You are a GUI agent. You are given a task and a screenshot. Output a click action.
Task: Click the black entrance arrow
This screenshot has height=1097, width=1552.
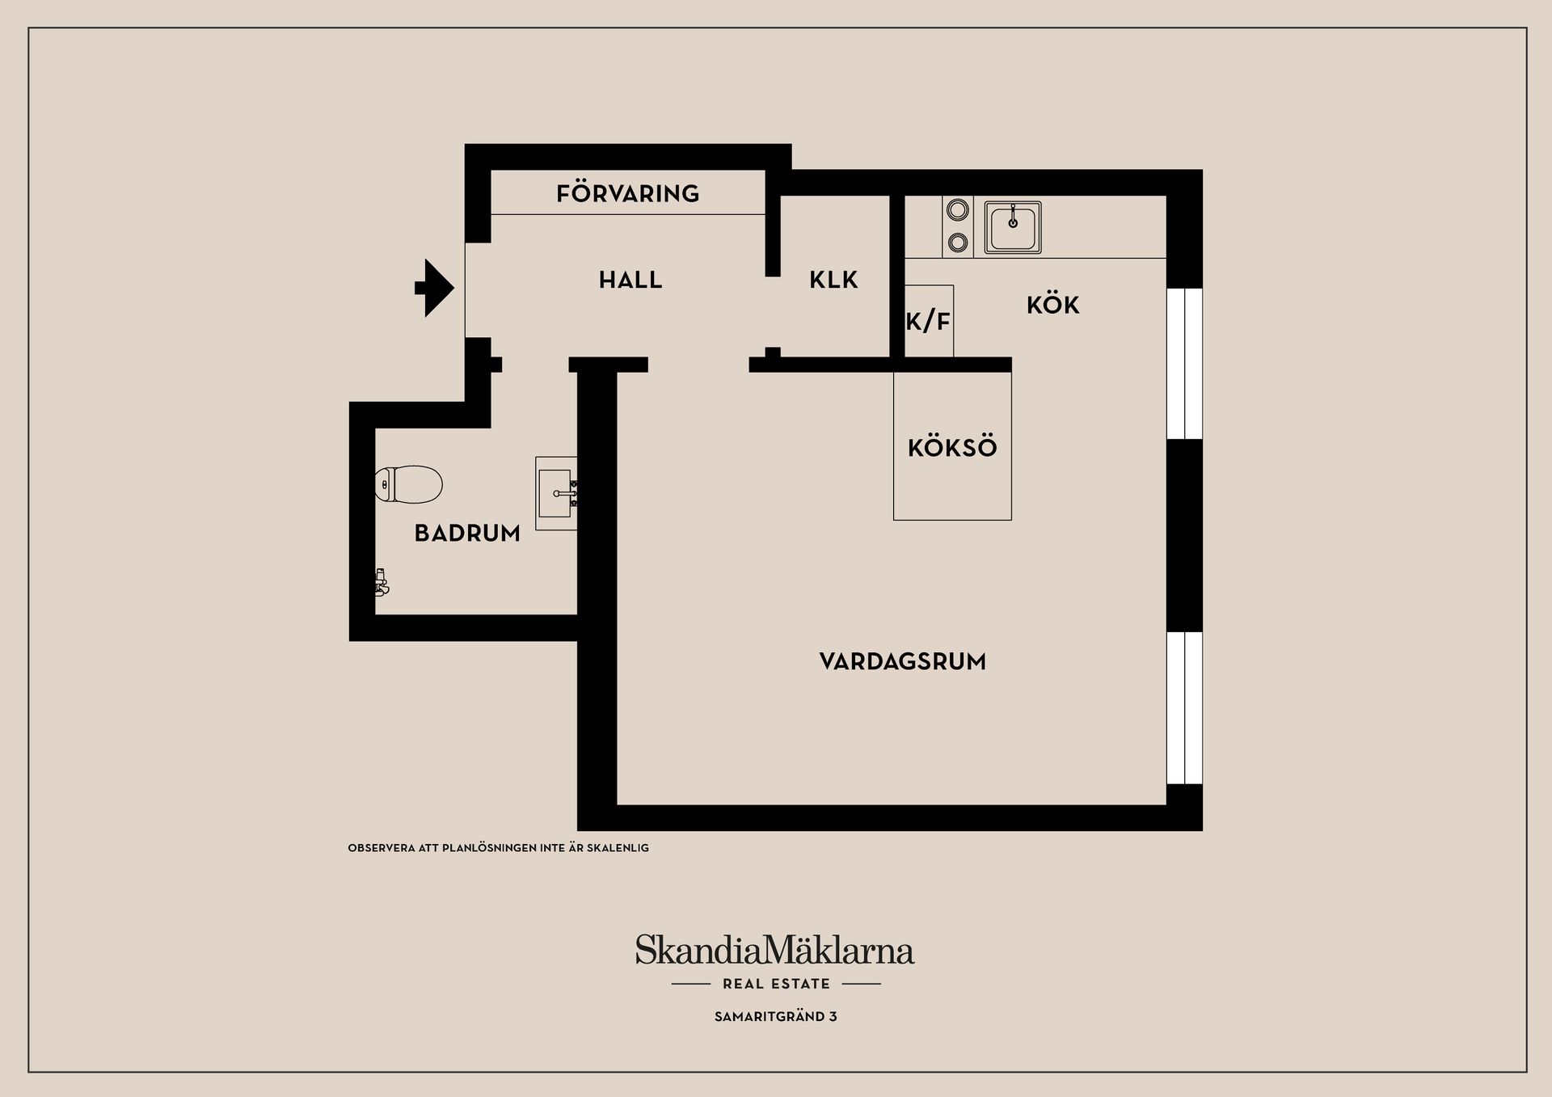coord(435,288)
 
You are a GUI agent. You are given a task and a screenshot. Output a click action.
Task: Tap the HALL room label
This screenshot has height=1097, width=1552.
coord(630,281)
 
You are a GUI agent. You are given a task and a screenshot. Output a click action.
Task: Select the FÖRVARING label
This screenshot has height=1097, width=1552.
coord(627,193)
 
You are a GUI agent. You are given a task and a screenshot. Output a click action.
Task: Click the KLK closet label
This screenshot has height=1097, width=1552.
coord(833,281)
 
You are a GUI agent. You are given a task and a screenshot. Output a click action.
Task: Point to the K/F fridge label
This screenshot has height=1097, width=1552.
coord(928,322)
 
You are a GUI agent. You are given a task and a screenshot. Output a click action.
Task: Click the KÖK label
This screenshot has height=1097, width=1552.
coord(1053,305)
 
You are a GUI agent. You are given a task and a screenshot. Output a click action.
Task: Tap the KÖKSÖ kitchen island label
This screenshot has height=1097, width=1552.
coord(952,447)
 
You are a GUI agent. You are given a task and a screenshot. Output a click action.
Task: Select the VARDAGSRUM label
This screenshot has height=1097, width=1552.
coord(903,662)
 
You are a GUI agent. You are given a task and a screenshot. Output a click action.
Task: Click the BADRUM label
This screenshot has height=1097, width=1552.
coord(467,534)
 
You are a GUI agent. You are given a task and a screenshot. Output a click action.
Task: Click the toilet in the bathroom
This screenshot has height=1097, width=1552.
coord(409,484)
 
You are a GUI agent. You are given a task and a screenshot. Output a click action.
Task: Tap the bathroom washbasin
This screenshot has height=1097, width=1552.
coord(556,493)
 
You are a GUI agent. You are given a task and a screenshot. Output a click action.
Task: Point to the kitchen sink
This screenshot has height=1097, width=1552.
coord(1013,228)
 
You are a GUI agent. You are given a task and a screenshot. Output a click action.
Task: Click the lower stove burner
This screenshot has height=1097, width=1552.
coord(958,241)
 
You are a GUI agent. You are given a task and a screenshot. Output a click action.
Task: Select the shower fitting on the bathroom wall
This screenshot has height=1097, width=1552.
coord(382,582)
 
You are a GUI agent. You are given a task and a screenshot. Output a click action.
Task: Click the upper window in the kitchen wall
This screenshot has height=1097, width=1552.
coord(1184,364)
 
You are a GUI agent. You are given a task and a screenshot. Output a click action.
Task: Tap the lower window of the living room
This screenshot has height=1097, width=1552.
coord(1184,708)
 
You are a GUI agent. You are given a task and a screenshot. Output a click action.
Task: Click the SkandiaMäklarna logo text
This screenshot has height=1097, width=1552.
coord(774,950)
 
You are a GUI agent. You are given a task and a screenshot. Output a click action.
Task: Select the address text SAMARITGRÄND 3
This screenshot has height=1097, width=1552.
coord(776,1017)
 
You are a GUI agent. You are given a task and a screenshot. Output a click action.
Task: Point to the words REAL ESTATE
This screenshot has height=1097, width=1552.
coord(776,984)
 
